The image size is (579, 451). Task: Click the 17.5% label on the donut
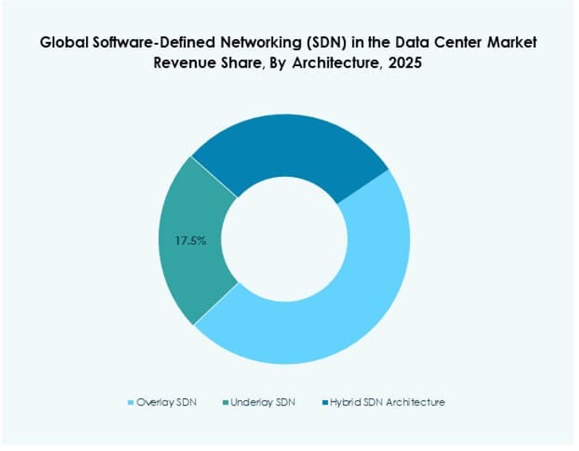tap(190, 239)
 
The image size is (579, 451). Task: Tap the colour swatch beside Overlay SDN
tap(131, 402)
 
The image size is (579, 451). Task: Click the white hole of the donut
tap(284, 239)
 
